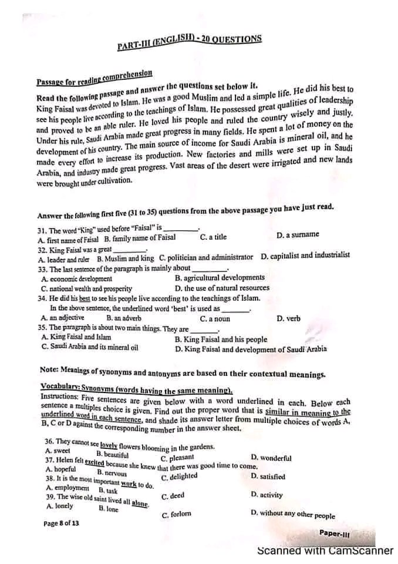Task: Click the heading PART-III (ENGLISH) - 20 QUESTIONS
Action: click(x=189, y=42)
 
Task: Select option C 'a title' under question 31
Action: click(x=213, y=237)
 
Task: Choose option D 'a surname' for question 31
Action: click(x=298, y=235)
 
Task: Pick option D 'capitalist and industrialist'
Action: click(x=305, y=256)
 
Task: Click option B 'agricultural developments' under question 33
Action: click(x=220, y=277)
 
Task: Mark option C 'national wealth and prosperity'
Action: click(x=86, y=288)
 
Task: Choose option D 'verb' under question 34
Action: click(x=288, y=318)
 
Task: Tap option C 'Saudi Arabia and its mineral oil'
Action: click(x=90, y=347)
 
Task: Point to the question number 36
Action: click(x=49, y=441)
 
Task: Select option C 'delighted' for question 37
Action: click(x=179, y=476)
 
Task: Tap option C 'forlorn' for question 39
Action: click(x=176, y=515)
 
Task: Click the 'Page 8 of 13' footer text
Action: click(x=60, y=523)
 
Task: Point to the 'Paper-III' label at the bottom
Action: click(x=335, y=533)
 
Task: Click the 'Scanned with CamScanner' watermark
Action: click(x=325, y=551)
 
